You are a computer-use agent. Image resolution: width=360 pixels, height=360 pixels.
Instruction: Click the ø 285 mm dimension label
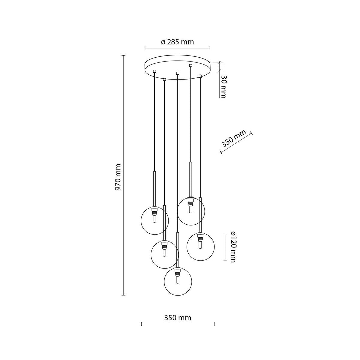pos(177,42)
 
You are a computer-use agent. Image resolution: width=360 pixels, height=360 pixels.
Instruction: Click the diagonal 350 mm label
pos(233,138)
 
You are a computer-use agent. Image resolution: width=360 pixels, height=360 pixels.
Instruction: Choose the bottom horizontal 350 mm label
pos(177,318)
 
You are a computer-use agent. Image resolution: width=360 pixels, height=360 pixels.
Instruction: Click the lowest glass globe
pos(178,281)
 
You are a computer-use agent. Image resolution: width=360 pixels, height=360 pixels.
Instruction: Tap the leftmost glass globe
pos(155,220)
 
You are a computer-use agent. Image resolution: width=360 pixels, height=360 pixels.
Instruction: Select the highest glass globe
pos(191,211)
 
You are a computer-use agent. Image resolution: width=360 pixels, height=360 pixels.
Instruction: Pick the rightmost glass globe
pos(201,247)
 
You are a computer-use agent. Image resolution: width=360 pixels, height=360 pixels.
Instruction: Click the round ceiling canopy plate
pos(177,67)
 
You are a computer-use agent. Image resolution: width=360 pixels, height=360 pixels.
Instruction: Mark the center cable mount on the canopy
pos(177,73)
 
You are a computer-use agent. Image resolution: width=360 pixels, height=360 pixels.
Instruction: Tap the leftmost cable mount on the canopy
pos(155,71)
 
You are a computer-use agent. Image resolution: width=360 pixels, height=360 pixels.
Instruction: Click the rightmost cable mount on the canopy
pos(200,76)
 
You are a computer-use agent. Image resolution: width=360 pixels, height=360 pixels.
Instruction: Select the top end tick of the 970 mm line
pos(124,55)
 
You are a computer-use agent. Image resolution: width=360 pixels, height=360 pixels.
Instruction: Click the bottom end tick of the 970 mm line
pos(124,295)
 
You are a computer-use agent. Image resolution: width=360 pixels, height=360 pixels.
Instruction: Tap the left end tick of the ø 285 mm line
pos(145,48)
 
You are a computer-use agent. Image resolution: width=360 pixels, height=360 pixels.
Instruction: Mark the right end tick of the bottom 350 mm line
pos(214,324)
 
